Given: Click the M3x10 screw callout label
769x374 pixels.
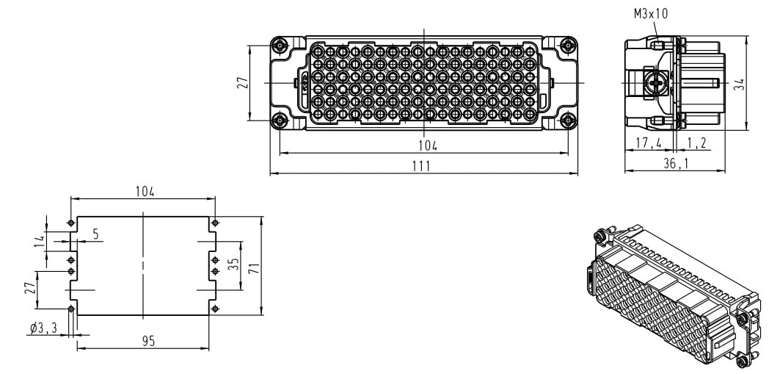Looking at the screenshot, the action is point(651,13).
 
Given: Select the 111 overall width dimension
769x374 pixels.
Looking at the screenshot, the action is point(420,166).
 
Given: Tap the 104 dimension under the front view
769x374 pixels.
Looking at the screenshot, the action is point(428,145).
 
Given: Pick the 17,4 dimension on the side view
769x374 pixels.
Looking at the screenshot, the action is point(649,143).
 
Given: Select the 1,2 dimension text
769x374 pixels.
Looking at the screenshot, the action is point(697,143).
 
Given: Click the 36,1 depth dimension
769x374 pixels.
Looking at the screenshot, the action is point(675,164).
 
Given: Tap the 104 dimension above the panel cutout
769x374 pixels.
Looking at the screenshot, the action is point(145,191).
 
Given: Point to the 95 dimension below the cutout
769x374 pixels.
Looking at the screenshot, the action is point(149,341).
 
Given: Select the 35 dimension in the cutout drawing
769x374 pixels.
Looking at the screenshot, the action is point(234,265).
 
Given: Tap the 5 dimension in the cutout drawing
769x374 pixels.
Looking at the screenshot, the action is point(95,234).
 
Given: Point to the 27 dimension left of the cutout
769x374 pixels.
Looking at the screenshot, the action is point(29,288).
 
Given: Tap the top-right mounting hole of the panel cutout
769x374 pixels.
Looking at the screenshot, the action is point(214,223).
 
